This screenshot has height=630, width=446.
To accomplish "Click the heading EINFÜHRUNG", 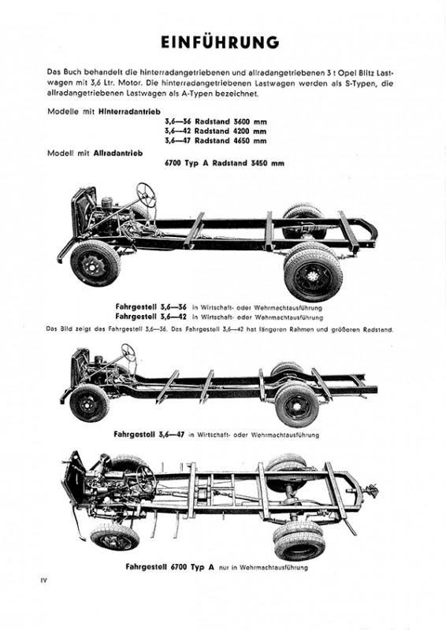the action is (220, 43).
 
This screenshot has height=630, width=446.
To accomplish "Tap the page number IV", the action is (43, 580).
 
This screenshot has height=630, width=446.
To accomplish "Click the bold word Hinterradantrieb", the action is (129, 112).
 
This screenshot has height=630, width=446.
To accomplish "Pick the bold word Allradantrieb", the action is (118, 153).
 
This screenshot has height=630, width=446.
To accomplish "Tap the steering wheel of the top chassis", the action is (147, 195).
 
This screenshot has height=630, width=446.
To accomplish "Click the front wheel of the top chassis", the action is (95, 263).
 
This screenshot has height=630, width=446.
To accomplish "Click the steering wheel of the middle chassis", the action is (128, 352).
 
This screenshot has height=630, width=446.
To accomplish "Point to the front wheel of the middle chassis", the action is (89, 402).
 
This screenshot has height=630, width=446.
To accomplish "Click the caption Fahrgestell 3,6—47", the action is (149, 435).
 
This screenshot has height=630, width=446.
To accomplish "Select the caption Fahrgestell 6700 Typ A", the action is (169, 567).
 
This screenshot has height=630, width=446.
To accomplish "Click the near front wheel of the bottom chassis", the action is (115, 537).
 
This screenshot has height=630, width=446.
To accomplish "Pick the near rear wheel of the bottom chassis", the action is (299, 541).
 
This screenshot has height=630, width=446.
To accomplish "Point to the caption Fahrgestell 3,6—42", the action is (151, 317).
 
